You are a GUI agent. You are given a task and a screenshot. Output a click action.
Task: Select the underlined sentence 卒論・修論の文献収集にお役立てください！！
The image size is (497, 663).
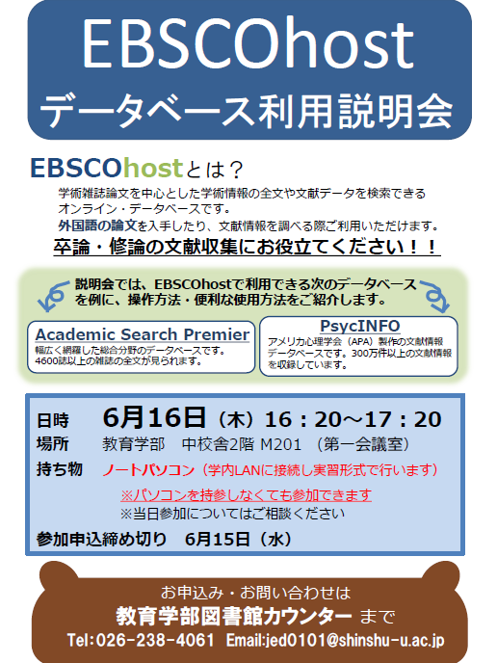point(247,248)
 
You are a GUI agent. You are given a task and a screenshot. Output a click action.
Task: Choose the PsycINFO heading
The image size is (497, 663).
point(359,326)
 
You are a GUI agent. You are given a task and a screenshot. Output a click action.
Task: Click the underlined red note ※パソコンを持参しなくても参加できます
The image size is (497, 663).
point(246,494)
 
